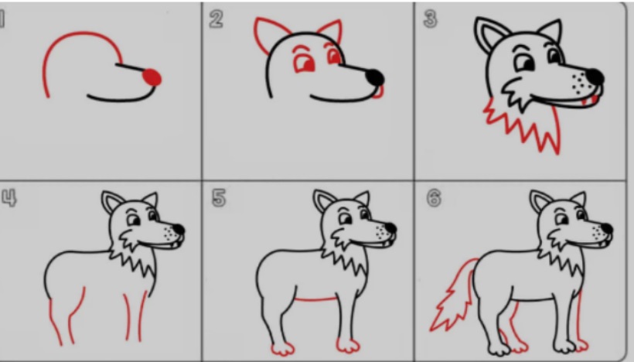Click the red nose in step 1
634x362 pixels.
point(152,77)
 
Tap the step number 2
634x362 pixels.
point(216,19)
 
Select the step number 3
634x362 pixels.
point(430,19)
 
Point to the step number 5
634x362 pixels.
point(218,198)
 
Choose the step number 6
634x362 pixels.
point(434,198)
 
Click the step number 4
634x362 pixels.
point(9,198)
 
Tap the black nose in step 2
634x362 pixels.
point(375,77)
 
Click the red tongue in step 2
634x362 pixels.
point(378,92)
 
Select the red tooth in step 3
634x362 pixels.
point(584,101)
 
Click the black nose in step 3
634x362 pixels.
point(595,77)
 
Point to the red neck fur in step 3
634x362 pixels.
point(526,125)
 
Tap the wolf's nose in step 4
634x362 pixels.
point(179,229)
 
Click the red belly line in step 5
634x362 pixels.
point(315,299)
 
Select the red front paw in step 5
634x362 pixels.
point(348,346)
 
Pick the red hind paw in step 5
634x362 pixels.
point(282,349)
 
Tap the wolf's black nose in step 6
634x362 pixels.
point(606,229)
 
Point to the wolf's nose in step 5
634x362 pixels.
point(390,228)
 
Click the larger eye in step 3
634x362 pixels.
point(524,63)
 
